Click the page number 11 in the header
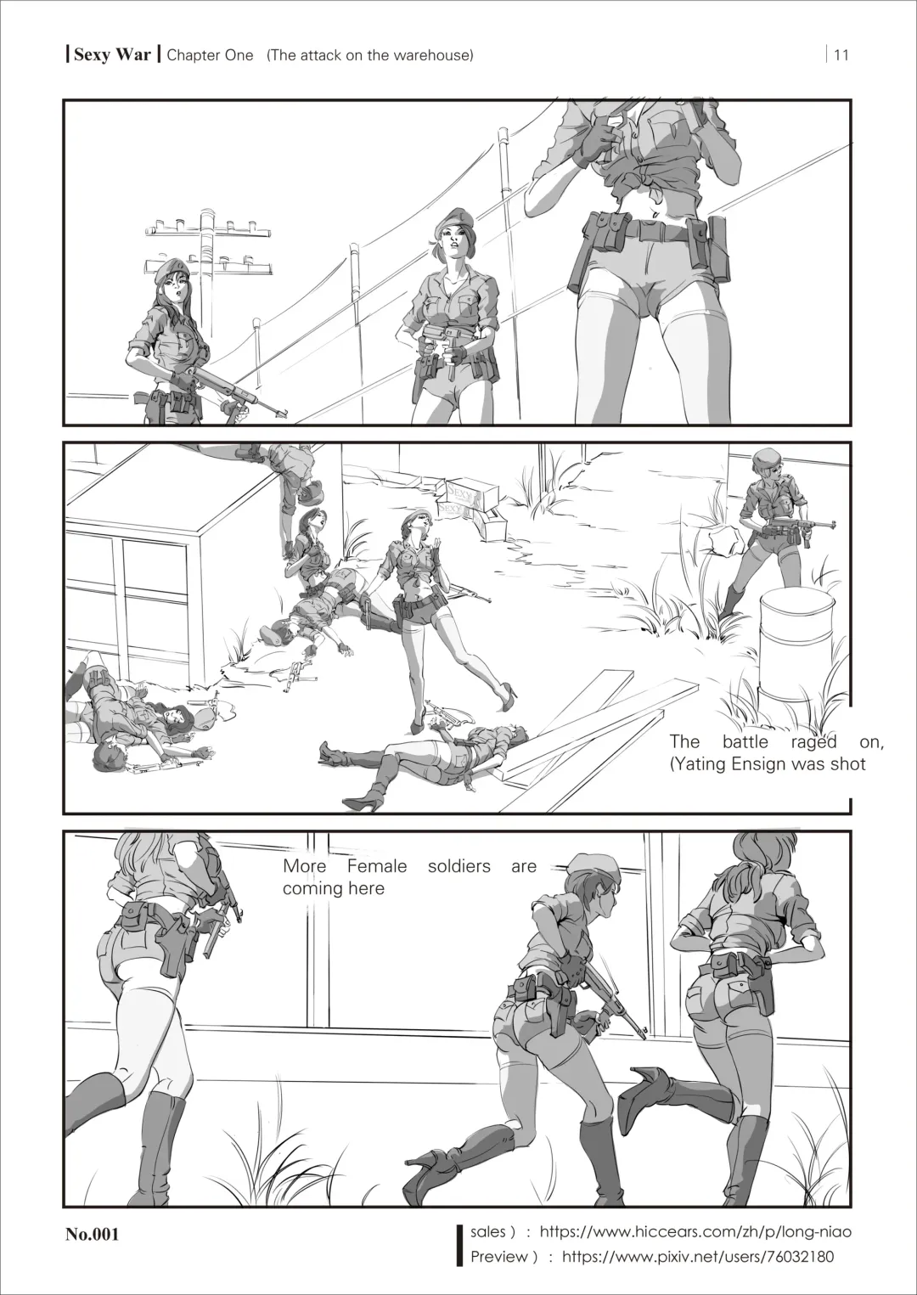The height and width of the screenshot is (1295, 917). point(841,55)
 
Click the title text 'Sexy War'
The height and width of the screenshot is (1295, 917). point(112,54)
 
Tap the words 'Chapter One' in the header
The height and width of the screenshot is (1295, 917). point(210,55)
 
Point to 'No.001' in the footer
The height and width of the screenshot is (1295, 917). point(93,1234)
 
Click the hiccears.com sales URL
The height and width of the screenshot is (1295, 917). point(695,1231)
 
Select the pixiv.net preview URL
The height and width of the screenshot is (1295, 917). point(698,1257)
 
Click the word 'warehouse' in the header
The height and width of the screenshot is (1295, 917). point(432,55)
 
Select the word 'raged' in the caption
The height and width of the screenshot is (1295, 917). point(813,741)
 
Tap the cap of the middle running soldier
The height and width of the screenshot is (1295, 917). point(582,863)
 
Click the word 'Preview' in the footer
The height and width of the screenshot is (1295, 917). point(499,1257)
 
